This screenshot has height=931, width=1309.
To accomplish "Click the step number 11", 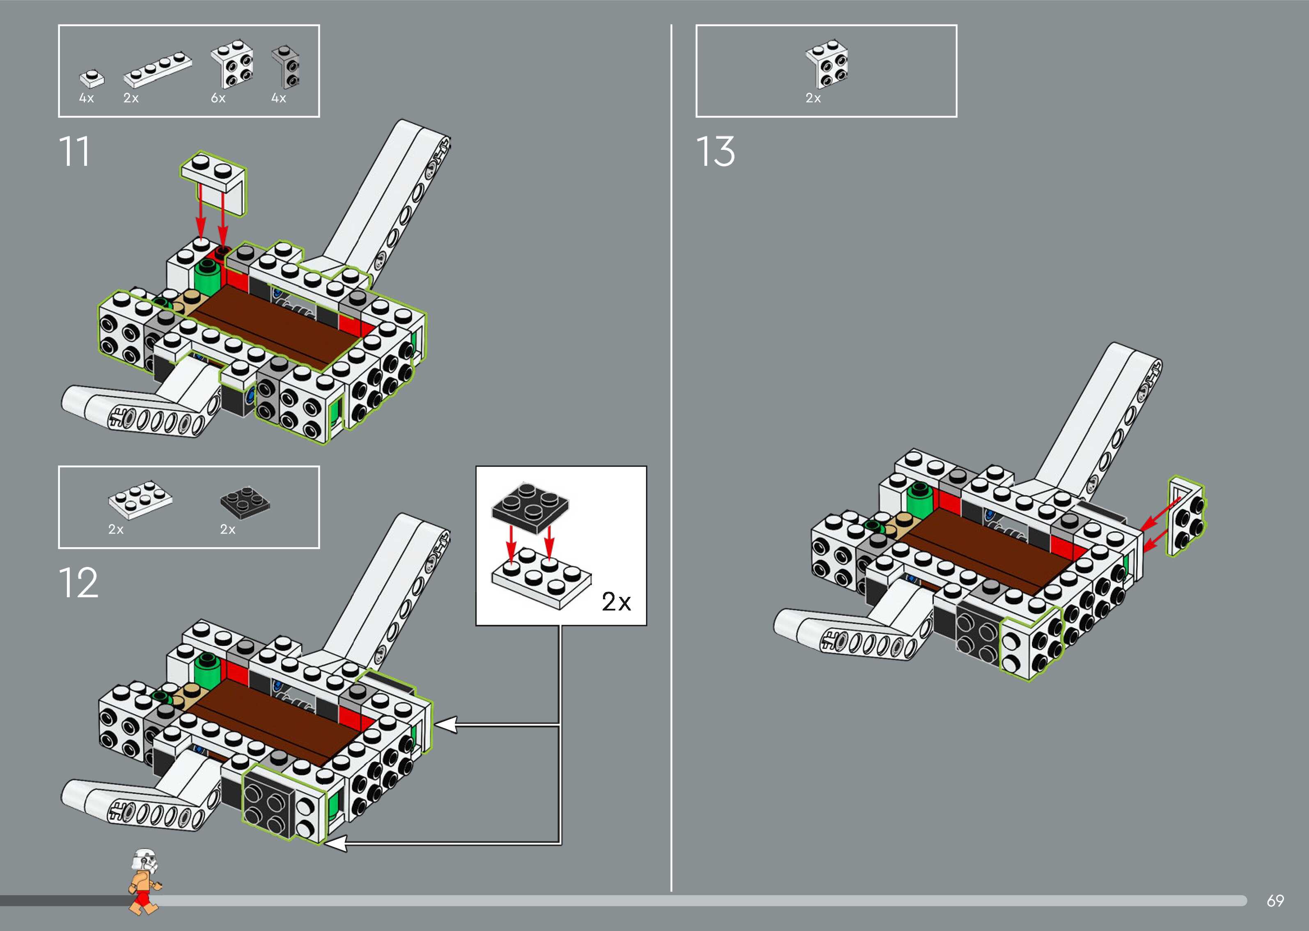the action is click(x=75, y=152).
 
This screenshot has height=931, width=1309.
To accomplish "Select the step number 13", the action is click(x=715, y=152).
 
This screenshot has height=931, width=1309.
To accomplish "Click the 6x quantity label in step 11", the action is click(x=218, y=99).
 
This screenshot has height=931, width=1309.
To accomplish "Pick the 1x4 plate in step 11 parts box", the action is click(x=158, y=71).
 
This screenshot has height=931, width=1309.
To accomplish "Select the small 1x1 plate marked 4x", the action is click(x=92, y=78).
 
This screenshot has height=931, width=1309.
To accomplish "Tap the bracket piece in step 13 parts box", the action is click(x=827, y=63).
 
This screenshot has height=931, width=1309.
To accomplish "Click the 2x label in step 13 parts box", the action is click(x=813, y=99).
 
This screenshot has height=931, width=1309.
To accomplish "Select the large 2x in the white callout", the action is click(x=616, y=601).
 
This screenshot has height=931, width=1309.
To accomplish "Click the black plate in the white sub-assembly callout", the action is click(x=530, y=504).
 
